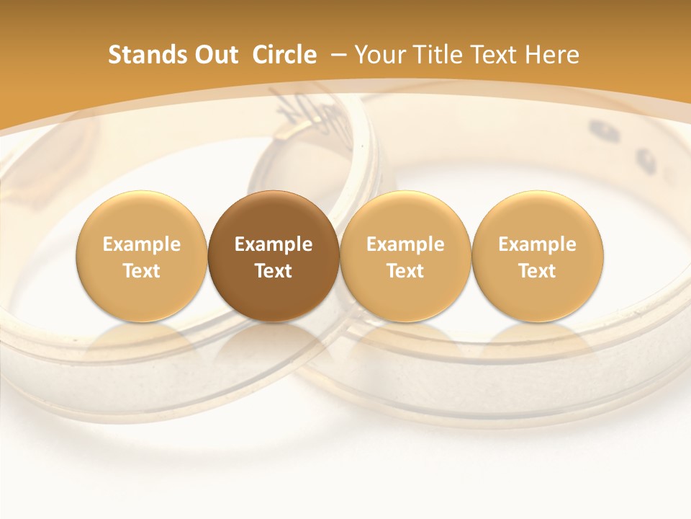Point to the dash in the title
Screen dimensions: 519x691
point(340,55)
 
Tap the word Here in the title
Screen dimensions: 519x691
point(552,55)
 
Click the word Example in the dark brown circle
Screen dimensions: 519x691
point(274,244)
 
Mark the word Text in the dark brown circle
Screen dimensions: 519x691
point(274,271)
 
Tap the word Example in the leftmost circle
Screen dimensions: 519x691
point(142,244)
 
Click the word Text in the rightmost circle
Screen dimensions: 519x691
point(538,271)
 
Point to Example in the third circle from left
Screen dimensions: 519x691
point(405,244)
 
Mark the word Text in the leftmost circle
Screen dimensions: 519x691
point(142,271)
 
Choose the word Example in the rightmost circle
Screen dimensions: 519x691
point(538,244)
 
